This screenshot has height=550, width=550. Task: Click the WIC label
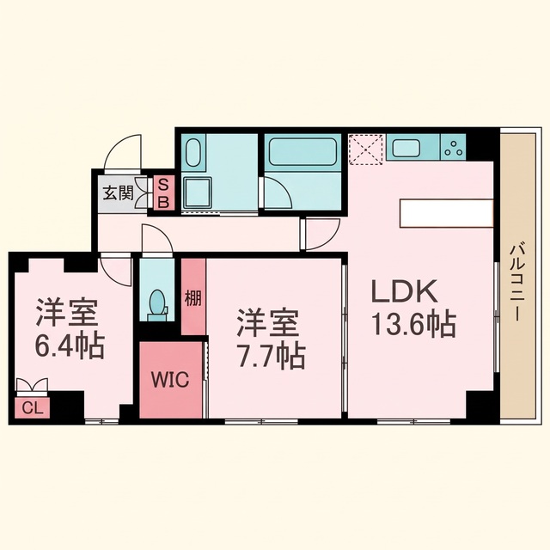pyautogui.click(x=170, y=379)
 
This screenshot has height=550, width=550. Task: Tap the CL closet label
pyautogui.click(x=33, y=408)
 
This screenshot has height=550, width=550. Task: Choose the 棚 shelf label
pyautogui.click(x=193, y=298)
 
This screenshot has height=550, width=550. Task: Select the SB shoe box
pyautogui.click(x=164, y=192)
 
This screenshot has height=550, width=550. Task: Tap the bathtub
pyautogui.click(x=303, y=151)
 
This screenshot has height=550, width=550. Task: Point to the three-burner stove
pyautogui.click(x=454, y=147)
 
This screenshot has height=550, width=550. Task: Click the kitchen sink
pyautogui.click(x=406, y=148)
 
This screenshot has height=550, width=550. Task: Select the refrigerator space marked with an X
pyautogui.click(x=365, y=150)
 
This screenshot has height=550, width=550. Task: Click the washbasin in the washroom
pyautogui.click(x=192, y=153)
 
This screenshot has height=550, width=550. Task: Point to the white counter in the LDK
pyautogui.click(x=447, y=213)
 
